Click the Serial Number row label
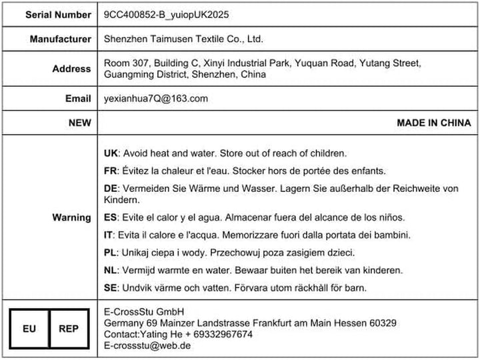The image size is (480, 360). tap(59, 14)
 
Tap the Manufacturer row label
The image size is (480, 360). tap(60, 39)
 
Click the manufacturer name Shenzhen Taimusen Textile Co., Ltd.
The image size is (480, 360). tap(183, 39)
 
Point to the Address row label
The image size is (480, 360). tap(71, 69)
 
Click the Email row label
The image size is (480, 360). tap(78, 99)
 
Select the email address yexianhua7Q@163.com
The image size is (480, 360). tap(156, 99)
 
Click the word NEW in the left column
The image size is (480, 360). tap(79, 123)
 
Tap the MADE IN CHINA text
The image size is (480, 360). tap(433, 123)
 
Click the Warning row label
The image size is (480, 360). tap(71, 217)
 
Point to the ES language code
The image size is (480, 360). tap(111, 217)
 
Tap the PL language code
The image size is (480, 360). tap(111, 253)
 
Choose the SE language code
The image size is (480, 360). tap(111, 287)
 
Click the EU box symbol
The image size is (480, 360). tap(29, 329)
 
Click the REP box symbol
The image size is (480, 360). tap(69, 329)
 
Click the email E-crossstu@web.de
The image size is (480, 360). tap(147, 345)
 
